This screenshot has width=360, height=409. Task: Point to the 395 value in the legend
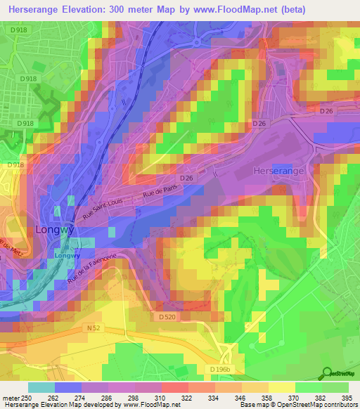348,398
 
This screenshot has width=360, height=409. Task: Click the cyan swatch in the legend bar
41,387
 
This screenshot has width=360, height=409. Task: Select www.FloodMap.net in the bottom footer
149,405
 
